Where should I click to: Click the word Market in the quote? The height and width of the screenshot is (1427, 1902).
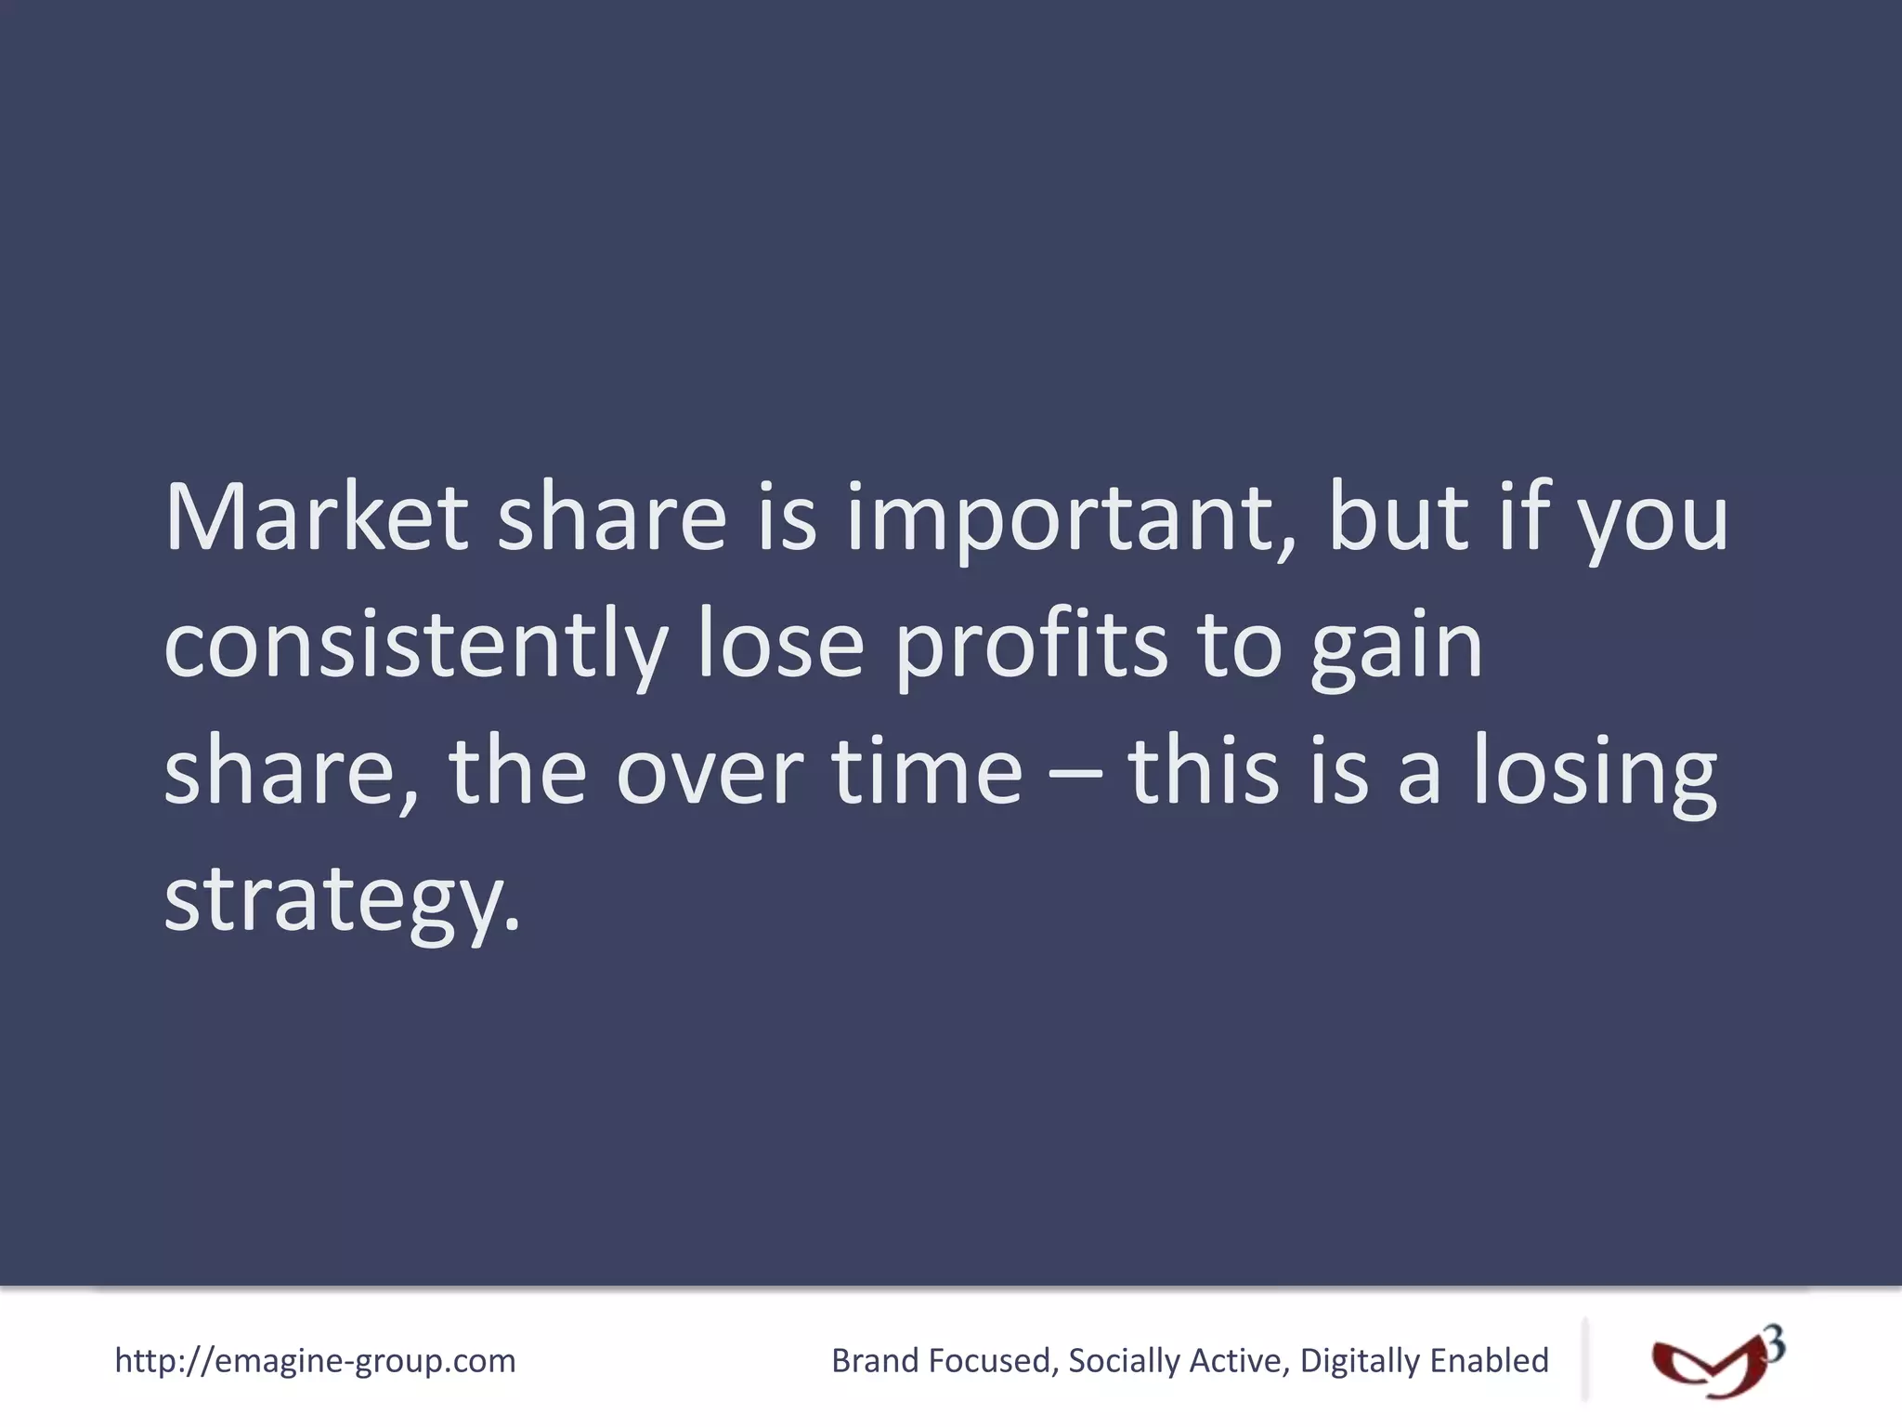pyautogui.click(x=316, y=517)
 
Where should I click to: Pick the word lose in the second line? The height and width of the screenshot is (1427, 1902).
pyautogui.click(x=781, y=644)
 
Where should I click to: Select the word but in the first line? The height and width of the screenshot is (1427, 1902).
pyautogui.click(x=1398, y=517)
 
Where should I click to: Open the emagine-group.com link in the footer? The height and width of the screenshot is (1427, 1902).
pyautogui.click(x=315, y=1361)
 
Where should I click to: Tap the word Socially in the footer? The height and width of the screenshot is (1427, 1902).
pyautogui.click(x=1124, y=1361)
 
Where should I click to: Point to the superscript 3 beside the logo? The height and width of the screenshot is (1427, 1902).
pyautogui.click(x=1774, y=1344)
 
